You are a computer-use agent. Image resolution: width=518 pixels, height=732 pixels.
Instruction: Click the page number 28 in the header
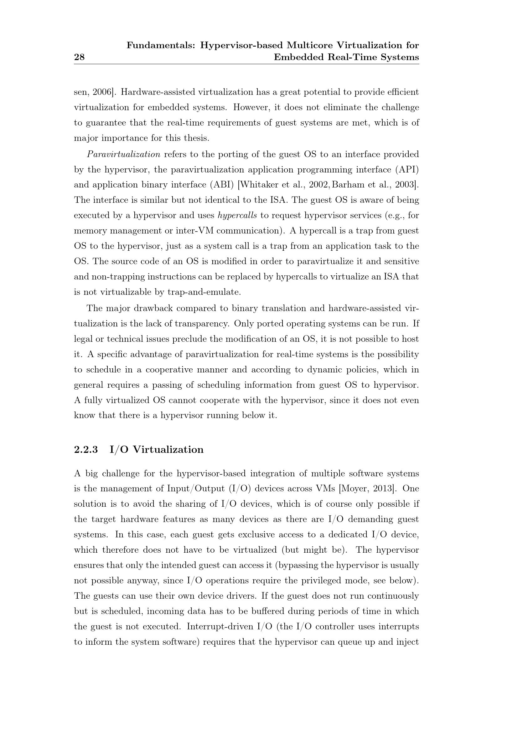pyautogui.click(x=79, y=57)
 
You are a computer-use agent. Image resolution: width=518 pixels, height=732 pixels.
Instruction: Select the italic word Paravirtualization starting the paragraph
pyautogui.click(x=124, y=155)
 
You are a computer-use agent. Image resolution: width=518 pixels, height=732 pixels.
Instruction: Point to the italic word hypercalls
pyautogui.click(x=237, y=216)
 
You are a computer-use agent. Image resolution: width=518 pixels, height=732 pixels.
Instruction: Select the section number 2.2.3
pyautogui.click(x=86, y=449)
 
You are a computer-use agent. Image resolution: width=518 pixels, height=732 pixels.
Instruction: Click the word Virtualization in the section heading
pyautogui.click(x=168, y=449)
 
